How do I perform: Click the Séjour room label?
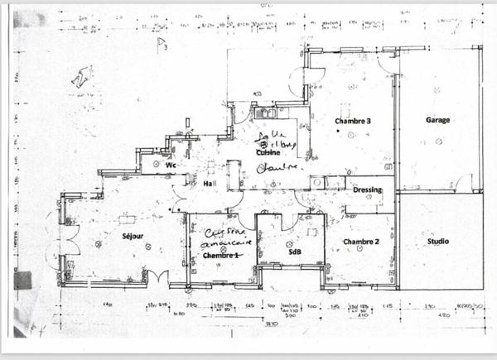133,237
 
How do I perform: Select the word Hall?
210,184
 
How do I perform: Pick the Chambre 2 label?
361,242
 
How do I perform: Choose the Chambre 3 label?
353,121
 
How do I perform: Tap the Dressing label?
367,190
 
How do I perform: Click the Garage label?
438,120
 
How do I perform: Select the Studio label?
438,242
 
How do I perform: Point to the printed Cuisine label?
267,152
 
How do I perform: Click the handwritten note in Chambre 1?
226,238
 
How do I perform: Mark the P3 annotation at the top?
162,46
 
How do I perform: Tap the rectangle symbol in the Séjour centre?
127,219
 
